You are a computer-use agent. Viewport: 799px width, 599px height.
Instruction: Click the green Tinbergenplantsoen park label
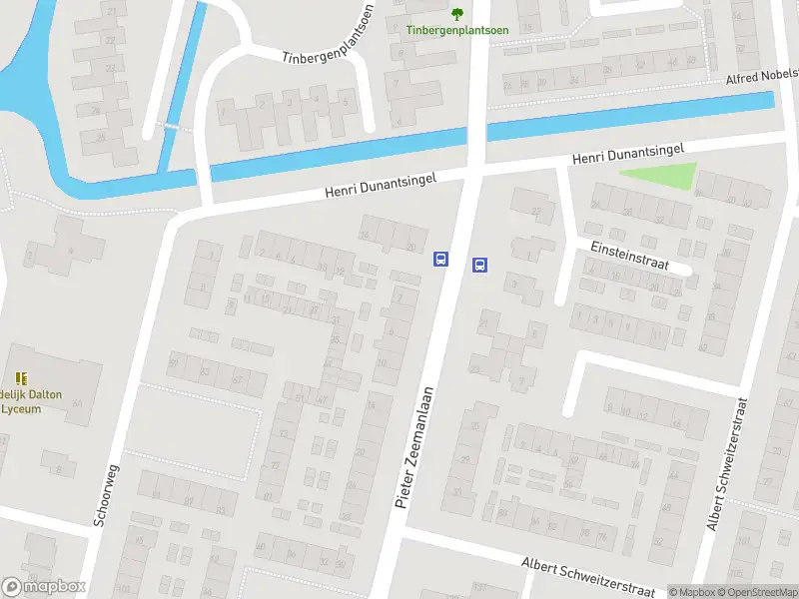point(456,30)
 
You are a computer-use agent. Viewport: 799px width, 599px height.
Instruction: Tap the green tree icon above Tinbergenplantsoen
point(457,13)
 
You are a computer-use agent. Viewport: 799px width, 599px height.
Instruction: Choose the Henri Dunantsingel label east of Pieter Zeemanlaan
point(627,153)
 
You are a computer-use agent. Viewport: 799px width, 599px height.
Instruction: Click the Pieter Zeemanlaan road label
point(415,446)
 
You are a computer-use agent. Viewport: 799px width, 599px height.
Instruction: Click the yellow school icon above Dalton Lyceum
point(21,378)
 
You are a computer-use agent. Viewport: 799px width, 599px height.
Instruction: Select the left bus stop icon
point(440,259)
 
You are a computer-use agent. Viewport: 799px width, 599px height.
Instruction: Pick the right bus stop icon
point(479,265)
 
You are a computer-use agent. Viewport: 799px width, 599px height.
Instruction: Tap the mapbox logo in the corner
point(44,587)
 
